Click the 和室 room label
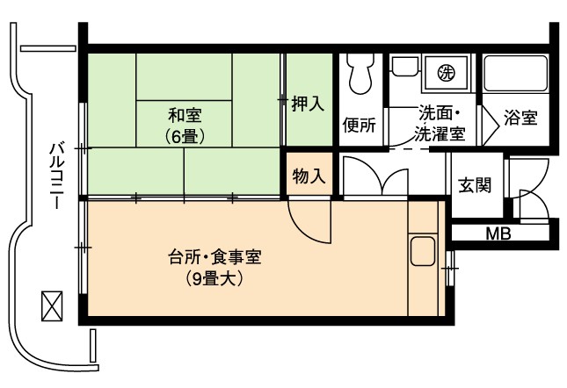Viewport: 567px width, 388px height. pos(185,115)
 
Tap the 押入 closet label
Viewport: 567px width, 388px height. pos(308,104)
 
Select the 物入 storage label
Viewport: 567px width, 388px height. pos(309,176)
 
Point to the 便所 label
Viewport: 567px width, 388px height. pos(359,125)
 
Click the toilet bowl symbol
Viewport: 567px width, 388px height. pos(360,74)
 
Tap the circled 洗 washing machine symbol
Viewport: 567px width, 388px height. pos(446,73)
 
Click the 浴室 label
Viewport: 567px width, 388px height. pos(520,118)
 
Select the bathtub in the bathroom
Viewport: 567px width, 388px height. pos(516,73)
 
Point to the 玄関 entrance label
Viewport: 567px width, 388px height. pos(475,185)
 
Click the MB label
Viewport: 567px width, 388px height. pos(498,234)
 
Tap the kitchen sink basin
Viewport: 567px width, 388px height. pos(422,251)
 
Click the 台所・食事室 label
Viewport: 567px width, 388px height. pos(214,257)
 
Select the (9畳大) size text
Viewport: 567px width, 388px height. pos(214,278)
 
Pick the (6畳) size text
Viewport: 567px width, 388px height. pos(185,136)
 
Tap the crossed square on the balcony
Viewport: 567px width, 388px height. pos(52,306)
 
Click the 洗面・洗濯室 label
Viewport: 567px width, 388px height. pos(440,124)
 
